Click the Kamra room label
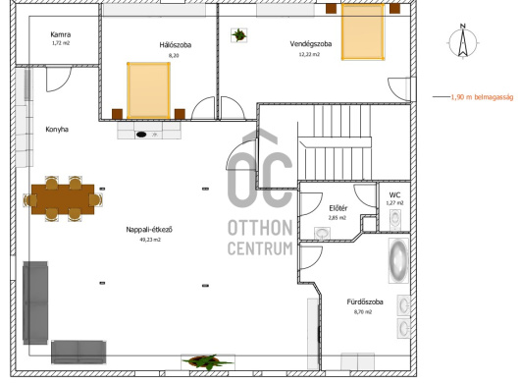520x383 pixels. (x=61, y=34)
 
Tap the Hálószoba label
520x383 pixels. (x=175, y=45)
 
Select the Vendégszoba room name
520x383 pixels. (x=311, y=44)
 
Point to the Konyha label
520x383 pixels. (x=57, y=130)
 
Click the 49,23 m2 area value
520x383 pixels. (x=150, y=240)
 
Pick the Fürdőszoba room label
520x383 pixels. (x=365, y=302)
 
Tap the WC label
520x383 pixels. (x=394, y=195)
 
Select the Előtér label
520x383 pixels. (x=338, y=208)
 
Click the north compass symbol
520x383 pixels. (x=463, y=42)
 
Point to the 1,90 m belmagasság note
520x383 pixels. (x=482, y=97)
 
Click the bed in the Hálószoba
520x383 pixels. (x=148, y=90)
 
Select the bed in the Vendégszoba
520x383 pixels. (x=363, y=31)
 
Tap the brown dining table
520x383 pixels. (x=63, y=199)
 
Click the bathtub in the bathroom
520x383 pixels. (x=398, y=260)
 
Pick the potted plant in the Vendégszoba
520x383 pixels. (x=238, y=34)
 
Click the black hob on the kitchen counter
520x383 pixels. (x=141, y=135)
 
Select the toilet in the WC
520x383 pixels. (x=395, y=219)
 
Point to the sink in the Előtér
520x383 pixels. (x=322, y=234)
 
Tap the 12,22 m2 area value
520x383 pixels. (x=309, y=54)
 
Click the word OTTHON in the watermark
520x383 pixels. (x=260, y=228)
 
